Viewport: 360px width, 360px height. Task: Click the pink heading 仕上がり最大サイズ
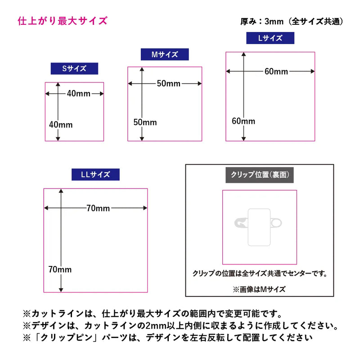click(63, 21)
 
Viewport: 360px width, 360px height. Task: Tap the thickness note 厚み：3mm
click(262, 21)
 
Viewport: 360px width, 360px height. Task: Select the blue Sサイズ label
click(74, 68)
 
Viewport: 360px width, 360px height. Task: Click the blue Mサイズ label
click(165, 54)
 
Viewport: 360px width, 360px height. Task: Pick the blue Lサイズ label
click(270, 38)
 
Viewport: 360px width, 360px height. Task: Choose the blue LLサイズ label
click(95, 175)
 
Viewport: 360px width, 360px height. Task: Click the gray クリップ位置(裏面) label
click(260, 175)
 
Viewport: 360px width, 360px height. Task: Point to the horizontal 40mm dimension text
click(79, 94)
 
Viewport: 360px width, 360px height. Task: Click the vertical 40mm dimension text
click(61, 125)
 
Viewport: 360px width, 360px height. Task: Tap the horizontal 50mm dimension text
click(169, 84)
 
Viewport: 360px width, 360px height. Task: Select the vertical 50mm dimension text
click(145, 122)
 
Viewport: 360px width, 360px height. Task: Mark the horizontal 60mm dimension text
click(276, 72)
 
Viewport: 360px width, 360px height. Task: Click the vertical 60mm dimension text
click(243, 121)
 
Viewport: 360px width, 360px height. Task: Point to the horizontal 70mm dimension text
click(98, 208)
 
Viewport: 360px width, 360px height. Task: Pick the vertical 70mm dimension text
click(60, 269)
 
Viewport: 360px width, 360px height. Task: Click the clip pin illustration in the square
click(258, 227)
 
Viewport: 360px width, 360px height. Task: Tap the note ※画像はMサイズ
click(259, 289)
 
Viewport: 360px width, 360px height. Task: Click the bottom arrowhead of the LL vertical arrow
click(61, 290)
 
